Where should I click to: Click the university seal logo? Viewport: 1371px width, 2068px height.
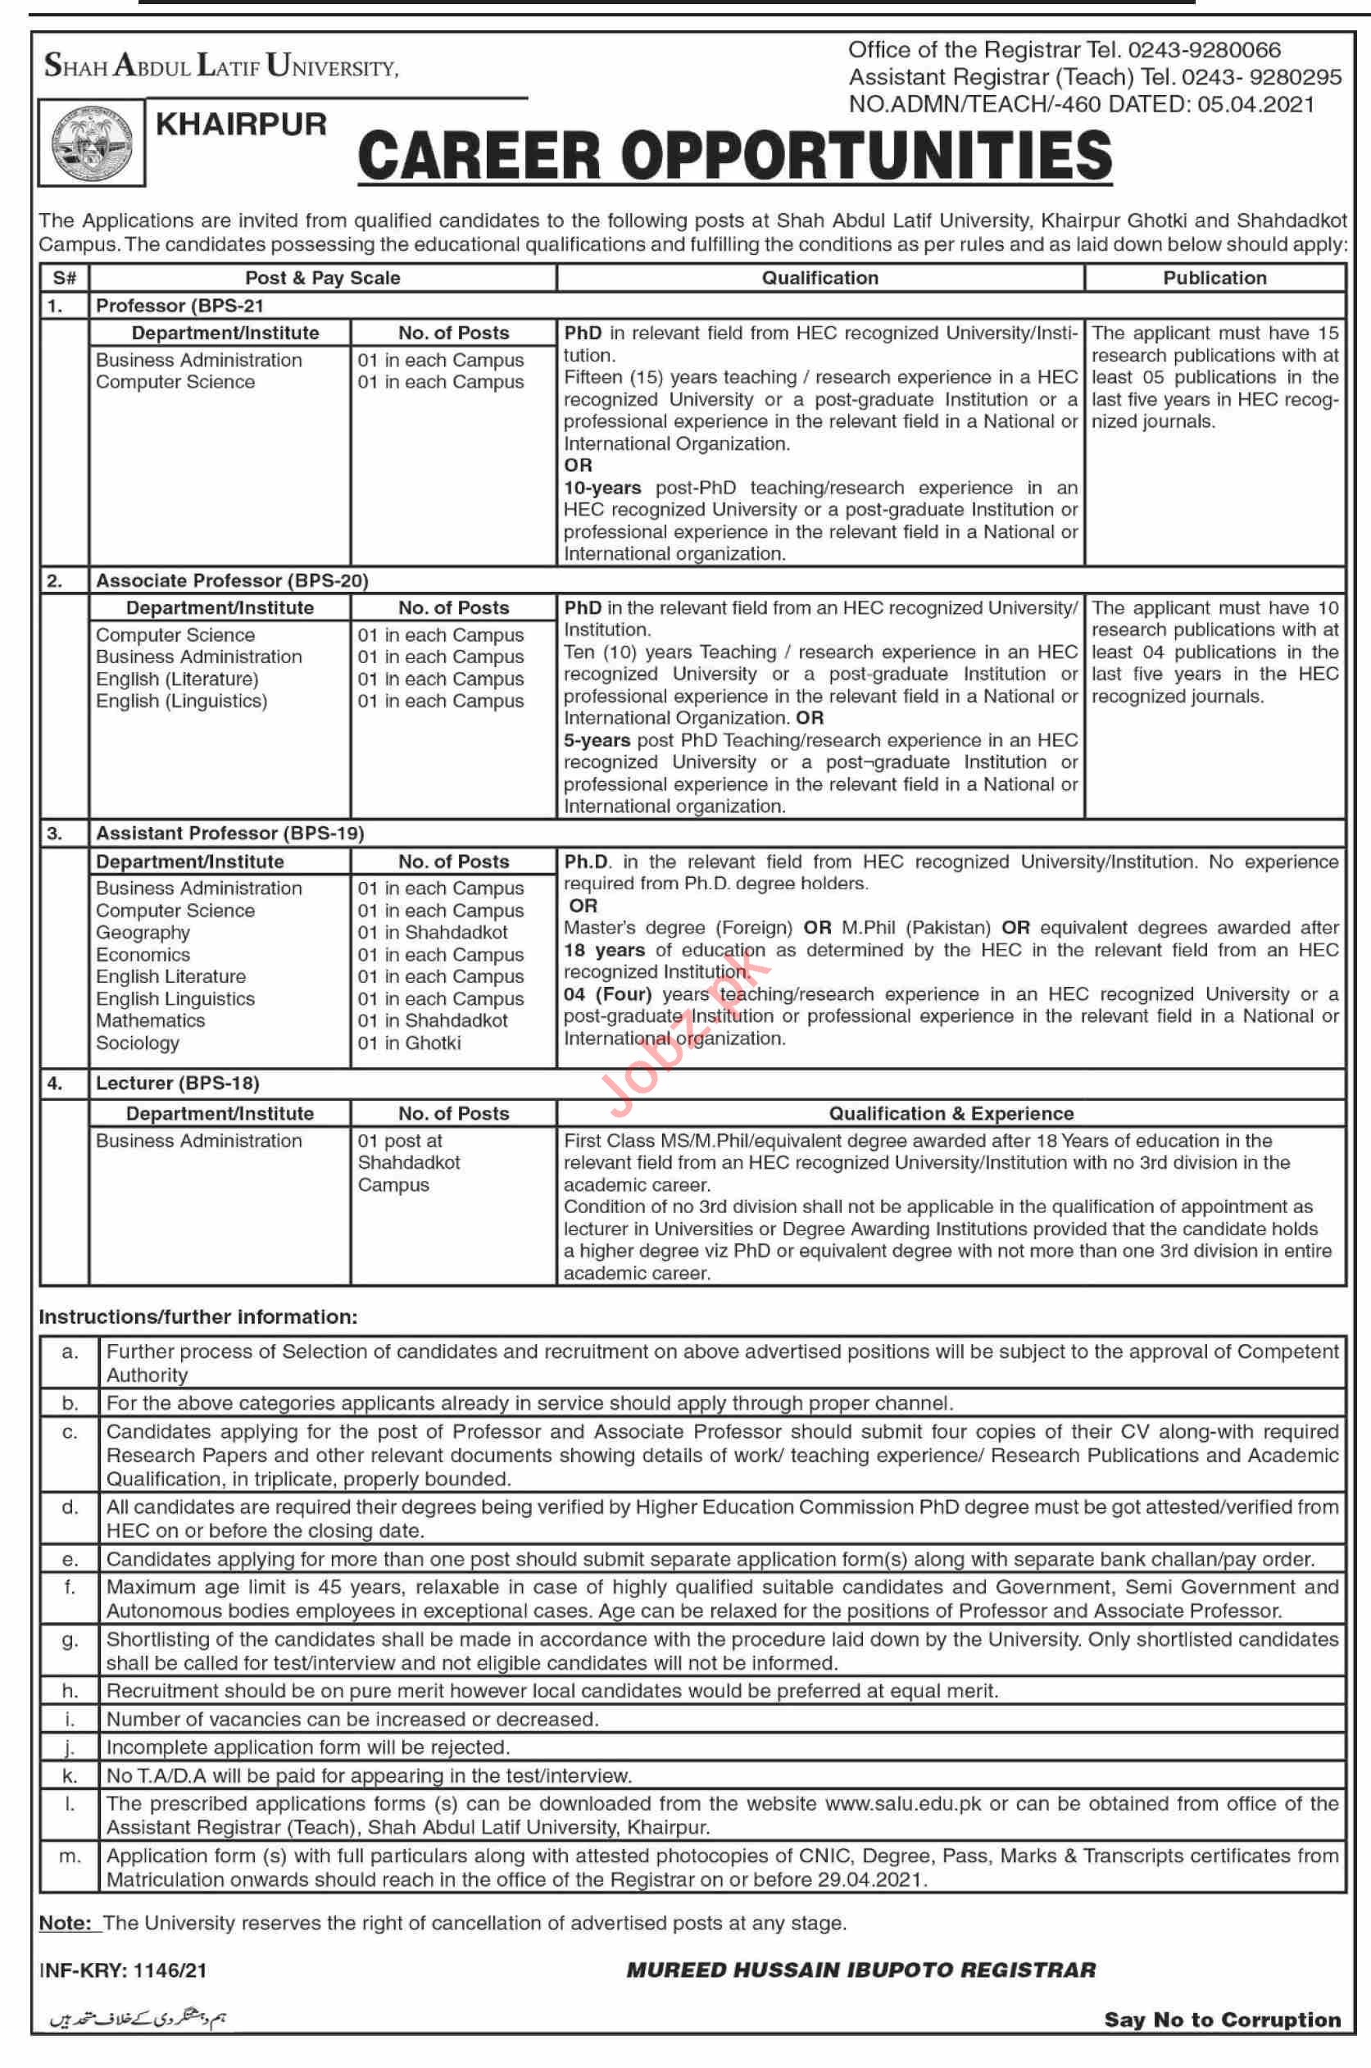[92, 143]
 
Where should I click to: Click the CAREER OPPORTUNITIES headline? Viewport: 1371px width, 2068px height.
[734, 156]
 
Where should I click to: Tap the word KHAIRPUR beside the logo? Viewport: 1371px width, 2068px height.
[241, 124]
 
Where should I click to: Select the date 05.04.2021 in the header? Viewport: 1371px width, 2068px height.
[1255, 105]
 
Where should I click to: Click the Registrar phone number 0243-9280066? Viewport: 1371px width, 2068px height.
[1204, 50]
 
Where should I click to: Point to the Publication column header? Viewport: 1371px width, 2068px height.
[1214, 278]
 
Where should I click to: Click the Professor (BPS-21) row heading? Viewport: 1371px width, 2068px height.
[179, 306]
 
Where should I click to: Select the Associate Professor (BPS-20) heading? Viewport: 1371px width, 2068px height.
[232, 580]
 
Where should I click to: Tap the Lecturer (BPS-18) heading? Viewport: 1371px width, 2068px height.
[178, 1084]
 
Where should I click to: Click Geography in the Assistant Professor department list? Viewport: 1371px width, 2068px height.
[143, 933]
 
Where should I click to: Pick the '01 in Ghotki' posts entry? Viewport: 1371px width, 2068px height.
[408, 1043]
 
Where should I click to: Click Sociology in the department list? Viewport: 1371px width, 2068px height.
[138, 1043]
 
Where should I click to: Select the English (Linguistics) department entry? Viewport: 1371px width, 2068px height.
[181, 702]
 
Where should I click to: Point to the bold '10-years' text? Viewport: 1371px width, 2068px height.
[602, 488]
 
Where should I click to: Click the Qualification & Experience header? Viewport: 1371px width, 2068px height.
[951, 1113]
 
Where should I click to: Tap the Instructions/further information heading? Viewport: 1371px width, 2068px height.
[198, 1317]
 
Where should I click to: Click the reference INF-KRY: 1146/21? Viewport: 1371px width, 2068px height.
[123, 1970]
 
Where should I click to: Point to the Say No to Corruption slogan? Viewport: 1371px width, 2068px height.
[1222, 2019]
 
